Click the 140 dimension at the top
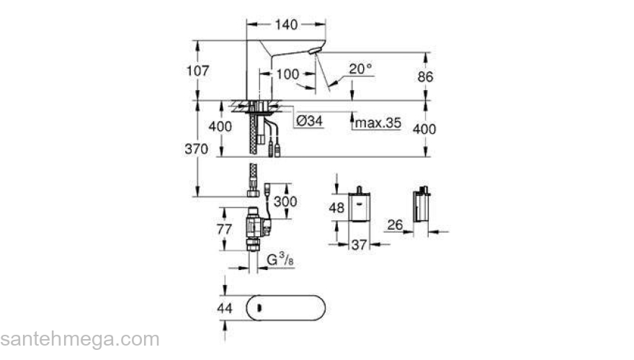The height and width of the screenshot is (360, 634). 285,25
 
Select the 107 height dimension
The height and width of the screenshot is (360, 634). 197,71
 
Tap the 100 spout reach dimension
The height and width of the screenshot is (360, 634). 287,73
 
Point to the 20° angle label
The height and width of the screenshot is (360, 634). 360,69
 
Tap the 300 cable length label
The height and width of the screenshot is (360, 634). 285,201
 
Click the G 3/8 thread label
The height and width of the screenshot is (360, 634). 280,259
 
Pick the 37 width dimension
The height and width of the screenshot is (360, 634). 359,246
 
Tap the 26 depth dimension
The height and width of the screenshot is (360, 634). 394,225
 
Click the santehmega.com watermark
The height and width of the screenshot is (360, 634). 79,338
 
